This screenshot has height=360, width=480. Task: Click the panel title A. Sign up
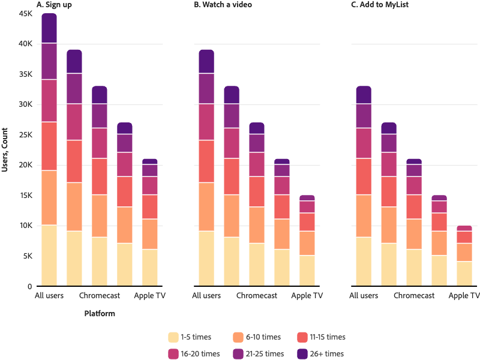pyautogui.click(x=55, y=4)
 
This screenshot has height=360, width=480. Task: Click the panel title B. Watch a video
pyautogui.click(x=223, y=4)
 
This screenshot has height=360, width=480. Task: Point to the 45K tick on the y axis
pyautogui.click(x=25, y=14)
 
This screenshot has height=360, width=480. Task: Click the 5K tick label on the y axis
pyautogui.click(x=26, y=256)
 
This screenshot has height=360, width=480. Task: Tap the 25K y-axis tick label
pyautogui.click(x=25, y=135)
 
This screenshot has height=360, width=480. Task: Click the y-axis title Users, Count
pyautogui.click(x=5, y=150)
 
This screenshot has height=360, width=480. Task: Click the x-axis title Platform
pyautogui.click(x=99, y=313)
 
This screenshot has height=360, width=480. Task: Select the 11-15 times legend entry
pyautogui.click(x=321, y=337)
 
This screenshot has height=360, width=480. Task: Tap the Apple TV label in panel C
pyautogui.click(x=464, y=296)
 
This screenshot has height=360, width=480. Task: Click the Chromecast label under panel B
pyautogui.click(x=257, y=296)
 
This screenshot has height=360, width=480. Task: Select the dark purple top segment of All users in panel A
pyautogui.click(x=49, y=28)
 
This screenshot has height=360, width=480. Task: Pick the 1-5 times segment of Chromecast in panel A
pyautogui.click(x=100, y=261)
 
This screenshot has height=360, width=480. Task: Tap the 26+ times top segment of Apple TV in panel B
pyautogui.click(x=307, y=197)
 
